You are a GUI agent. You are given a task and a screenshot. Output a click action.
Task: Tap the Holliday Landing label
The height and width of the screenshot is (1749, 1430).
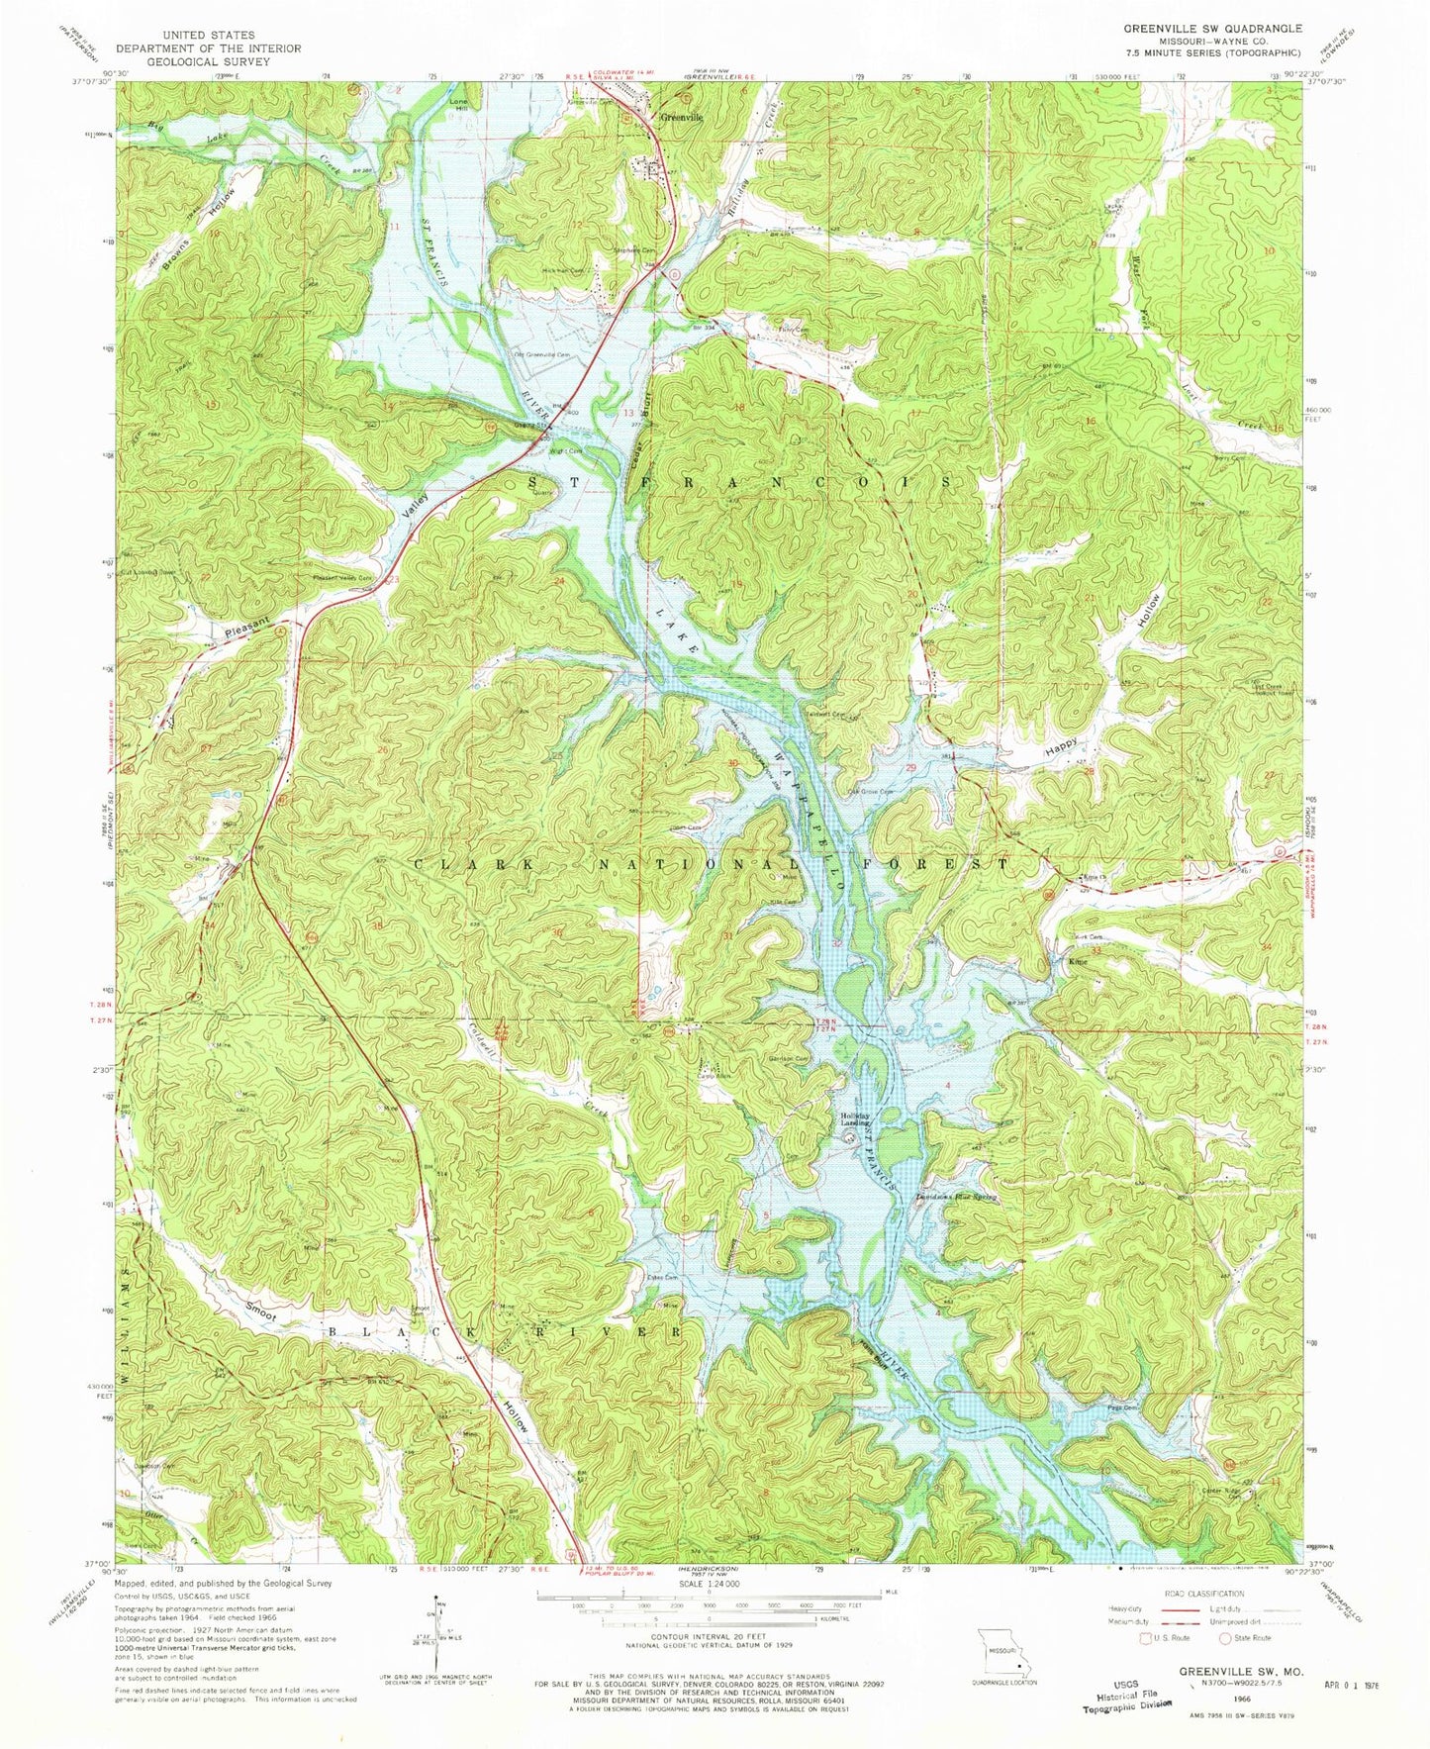pos(856,1119)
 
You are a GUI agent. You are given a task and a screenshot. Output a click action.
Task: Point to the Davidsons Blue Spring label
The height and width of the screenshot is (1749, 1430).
pos(956,1197)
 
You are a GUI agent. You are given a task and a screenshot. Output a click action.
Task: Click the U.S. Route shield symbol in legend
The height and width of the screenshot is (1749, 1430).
pos(1147,1637)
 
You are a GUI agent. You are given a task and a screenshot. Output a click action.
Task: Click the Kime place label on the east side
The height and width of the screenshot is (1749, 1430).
pos(1078,961)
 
